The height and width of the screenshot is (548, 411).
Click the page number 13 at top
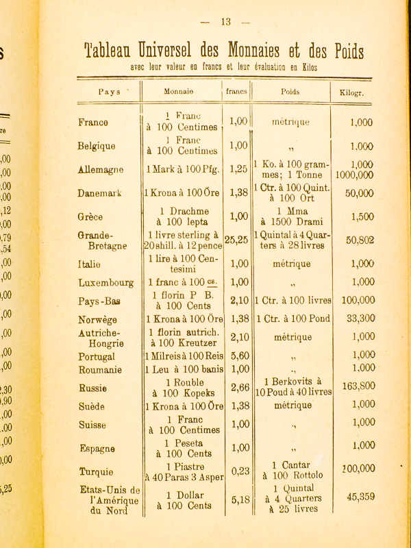[227, 21]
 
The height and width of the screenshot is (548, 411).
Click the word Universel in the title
[165, 51]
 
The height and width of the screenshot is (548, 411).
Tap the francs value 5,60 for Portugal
[238, 356]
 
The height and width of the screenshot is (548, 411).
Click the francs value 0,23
[238, 471]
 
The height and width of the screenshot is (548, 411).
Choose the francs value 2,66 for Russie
[238, 388]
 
